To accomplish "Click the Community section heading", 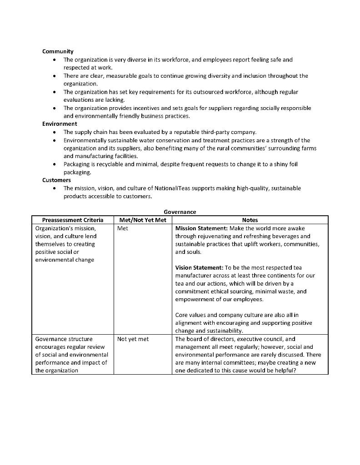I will point(58,51).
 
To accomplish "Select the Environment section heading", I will point(60,124).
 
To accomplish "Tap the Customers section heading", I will point(56,180).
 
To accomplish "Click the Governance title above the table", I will point(180,212).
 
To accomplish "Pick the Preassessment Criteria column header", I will point(73,220).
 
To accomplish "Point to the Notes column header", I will point(250,220).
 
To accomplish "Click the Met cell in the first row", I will point(122,228).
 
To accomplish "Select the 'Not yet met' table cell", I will point(133,339).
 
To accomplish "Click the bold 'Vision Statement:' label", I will point(199,268).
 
